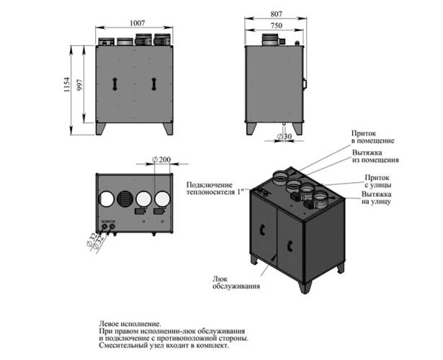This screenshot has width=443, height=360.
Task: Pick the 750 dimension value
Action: (276, 24)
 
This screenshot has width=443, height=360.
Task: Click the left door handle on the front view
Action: (113, 84)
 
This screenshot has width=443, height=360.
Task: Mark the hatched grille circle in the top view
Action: (125, 199)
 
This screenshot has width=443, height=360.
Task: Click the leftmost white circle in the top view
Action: (107, 199)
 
